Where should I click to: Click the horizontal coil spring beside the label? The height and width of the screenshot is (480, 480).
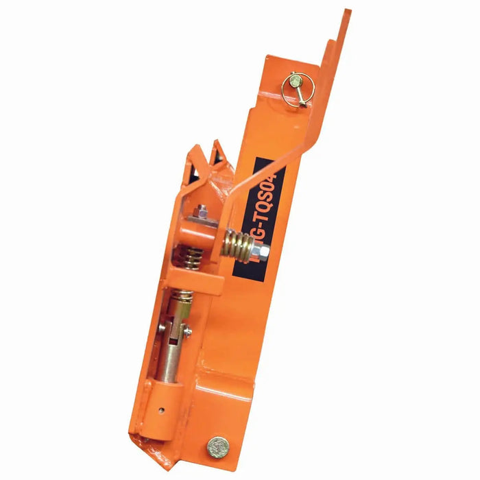[237, 243]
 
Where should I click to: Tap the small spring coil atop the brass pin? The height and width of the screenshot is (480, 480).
[182, 300]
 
